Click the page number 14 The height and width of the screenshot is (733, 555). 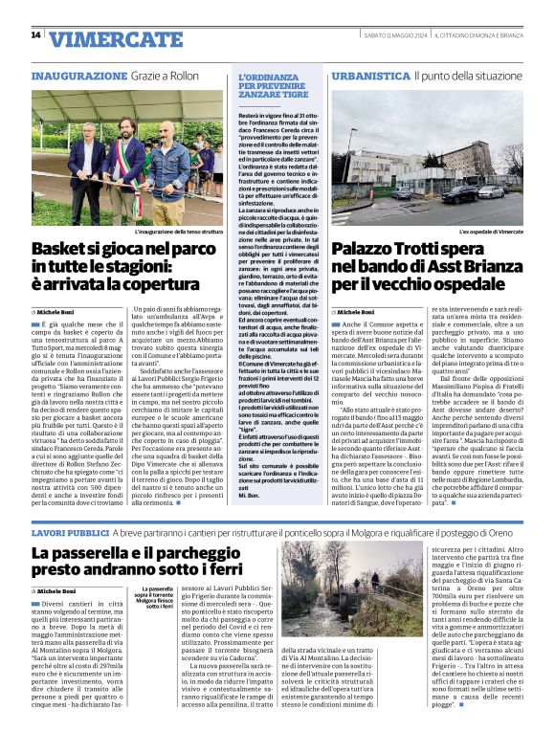pyautogui.click(x=36, y=35)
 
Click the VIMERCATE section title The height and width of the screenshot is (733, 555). pyautogui.click(x=116, y=39)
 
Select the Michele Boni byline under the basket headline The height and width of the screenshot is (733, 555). pyautogui.click(x=60, y=313)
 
